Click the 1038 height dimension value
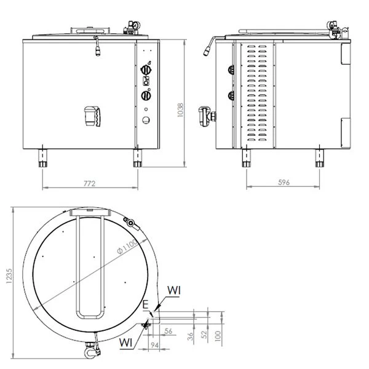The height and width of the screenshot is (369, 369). click(x=180, y=110)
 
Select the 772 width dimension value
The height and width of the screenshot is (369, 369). click(x=90, y=183)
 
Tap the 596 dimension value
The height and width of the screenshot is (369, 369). click(x=284, y=183)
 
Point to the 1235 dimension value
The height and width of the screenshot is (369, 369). click(x=9, y=276)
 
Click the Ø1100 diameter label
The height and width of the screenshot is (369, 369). click(x=127, y=247)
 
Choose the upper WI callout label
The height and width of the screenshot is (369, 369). click(x=174, y=291)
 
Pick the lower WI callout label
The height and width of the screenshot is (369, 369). click(x=125, y=343)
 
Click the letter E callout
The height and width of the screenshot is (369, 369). click(x=145, y=305)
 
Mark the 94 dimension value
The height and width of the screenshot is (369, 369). click(x=154, y=345)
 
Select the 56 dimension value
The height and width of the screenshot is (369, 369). click(x=169, y=331)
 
